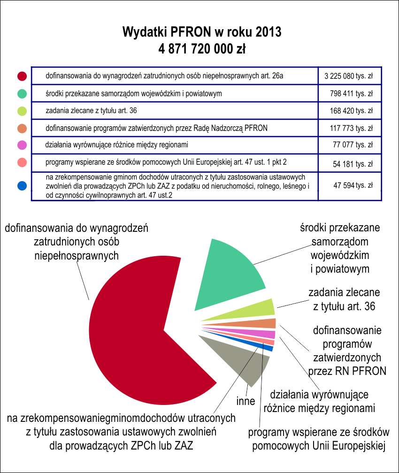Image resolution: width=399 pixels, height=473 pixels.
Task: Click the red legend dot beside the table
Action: pyautogui.click(x=22, y=76)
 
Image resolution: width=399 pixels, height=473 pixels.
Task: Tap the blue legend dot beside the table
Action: pyautogui.click(x=22, y=185)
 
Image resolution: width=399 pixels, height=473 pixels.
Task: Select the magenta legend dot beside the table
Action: pyautogui.click(x=22, y=145)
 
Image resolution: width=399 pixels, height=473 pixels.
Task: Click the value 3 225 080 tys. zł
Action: pyautogui.click(x=349, y=76)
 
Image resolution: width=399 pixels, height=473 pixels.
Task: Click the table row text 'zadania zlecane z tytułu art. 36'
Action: pyautogui.click(x=91, y=111)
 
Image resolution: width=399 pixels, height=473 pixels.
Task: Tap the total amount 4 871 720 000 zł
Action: pyautogui.click(x=202, y=49)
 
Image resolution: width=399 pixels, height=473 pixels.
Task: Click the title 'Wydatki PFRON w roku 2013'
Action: pyautogui.click(x=202, y=32)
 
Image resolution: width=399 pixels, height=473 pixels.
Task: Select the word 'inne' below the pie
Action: pyautogui.click(x=246, y=401)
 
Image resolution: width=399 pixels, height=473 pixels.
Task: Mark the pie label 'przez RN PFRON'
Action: pyautogui.click(x=347, y=371)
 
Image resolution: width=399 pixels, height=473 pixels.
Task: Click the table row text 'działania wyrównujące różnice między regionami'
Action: pyautogui.click(x=116, y=145)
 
